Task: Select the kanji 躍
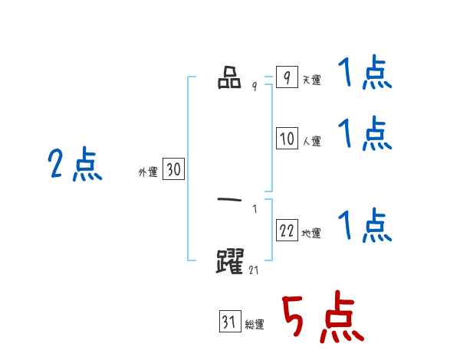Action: click(231, 261)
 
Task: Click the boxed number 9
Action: click(287, 78)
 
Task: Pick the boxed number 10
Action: click(287, 139)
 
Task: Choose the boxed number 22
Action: click(287, 231)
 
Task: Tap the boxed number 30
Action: click(173, 170)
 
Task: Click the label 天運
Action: click(312, 80)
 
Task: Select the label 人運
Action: click(312, 141)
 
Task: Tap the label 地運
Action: click(312, 233)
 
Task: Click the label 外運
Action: click(147, 172)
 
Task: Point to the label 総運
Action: click(255, 325)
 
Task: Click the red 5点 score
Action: click(322, 319)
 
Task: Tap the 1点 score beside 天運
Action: click(364, 75)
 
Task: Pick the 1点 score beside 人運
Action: click(364, 134)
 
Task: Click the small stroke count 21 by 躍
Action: click(255, 270)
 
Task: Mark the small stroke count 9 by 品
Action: click(255, 87)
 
